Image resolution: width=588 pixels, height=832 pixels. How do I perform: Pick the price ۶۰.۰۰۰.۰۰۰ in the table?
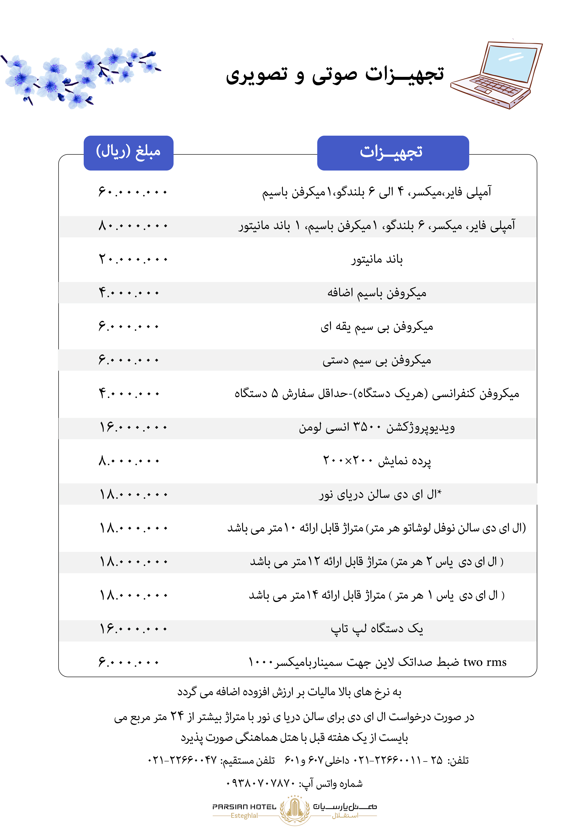pyautogui.click(x=133, y=192)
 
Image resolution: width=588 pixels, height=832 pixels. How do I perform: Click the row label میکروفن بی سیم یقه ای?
pyautogui.click(x=377, y=327)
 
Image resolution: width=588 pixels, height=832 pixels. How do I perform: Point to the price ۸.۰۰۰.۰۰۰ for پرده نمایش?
pyautogui.click(x=129, y=461)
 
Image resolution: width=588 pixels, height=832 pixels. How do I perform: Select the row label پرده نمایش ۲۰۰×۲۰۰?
pyautogui.click(x=377, y=461)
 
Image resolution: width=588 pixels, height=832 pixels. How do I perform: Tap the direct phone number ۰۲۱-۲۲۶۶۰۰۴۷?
pyautogui.click(x=182, y=760)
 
